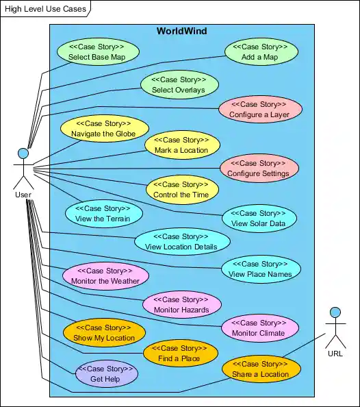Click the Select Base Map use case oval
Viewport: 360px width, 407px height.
(97, 52)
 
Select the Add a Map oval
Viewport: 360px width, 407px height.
(261, 52)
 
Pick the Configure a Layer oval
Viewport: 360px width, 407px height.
(260, 109)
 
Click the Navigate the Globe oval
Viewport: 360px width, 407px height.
(104, 129)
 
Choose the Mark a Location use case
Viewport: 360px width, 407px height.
(181, 145)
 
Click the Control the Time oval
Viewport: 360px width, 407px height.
(181, 189)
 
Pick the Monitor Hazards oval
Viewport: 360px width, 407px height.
(182, 304)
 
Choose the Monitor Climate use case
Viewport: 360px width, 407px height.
(259, 328)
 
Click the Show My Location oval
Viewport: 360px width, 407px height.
(104, 332)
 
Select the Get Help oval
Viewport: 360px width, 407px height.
(106, 373)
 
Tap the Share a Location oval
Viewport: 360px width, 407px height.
(261, 369)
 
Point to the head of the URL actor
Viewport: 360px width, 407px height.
(335, 312)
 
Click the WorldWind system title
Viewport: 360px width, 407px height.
(181, 31)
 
